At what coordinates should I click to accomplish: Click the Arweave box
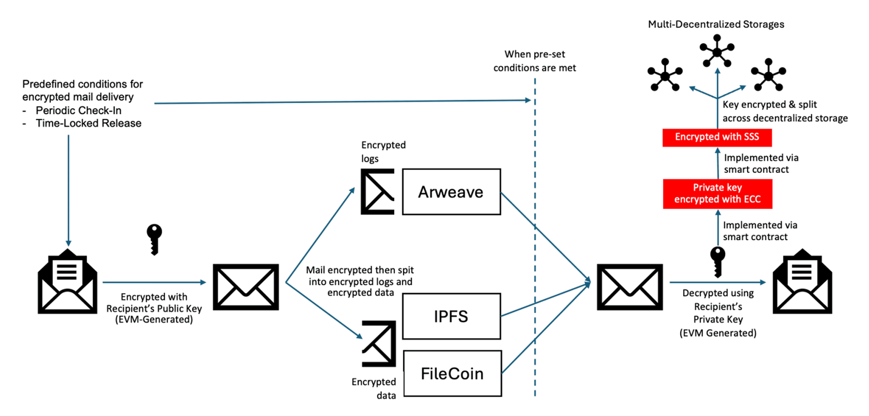point(451,192)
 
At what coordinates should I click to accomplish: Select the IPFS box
point(451,316)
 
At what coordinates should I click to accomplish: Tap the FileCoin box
point(452,374)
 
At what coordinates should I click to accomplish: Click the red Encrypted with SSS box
point(717,137)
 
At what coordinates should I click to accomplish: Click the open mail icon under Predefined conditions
point(67,282)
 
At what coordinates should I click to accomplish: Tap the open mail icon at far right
point(802,282)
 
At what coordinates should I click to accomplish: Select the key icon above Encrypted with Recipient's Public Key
point(154,239)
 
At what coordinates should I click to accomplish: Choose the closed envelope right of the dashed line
point(630,287)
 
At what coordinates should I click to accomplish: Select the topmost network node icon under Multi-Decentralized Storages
point(717,52)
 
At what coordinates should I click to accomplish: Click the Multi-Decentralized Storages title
point(716,24)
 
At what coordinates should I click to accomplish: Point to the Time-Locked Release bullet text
point(88,123)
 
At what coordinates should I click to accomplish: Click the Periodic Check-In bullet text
point(78,110)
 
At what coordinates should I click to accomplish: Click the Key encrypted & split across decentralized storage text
point(785,111)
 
